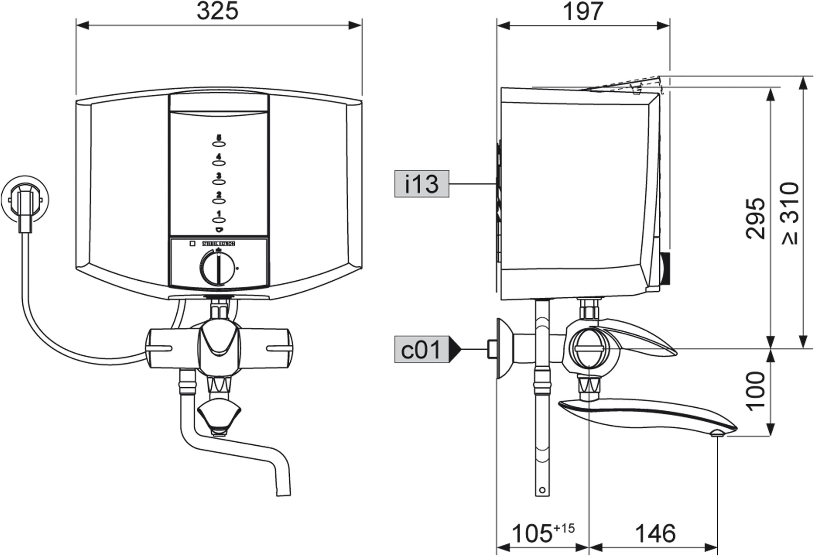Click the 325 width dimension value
pyautogui.click(x=217, y=11)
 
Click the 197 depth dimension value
pyautogui.click(x=583, y=12)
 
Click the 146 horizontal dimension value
pyautogui.click(x=655, y=534)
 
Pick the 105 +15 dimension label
pyautogui.click(x=543, y=533)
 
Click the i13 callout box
pyautogui.click(x=422, y=184)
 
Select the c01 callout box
pyautogui.click(x=422, y=349)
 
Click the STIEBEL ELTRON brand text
pyautogui.click(x=218, y=244)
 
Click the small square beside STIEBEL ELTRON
pyautogui.click(x=192, y=243)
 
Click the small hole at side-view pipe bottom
pyautogui.click(x=542, y=490)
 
